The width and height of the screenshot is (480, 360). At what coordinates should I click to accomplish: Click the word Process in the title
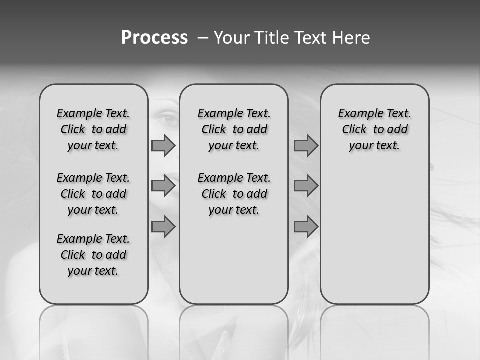[154, 38]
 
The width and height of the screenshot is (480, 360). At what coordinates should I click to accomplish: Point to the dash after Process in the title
[203, 38]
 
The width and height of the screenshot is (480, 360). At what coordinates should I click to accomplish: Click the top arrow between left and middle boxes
[163, 146]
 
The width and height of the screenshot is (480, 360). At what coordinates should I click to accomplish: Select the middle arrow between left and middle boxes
[163, 186]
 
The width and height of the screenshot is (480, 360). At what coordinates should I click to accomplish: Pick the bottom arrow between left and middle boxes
[163, 226]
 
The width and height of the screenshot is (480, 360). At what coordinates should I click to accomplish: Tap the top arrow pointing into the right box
[306, 146]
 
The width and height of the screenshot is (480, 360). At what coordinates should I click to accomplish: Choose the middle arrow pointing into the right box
[306, 186]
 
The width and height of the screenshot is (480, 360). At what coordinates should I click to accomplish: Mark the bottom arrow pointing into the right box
[306, 227]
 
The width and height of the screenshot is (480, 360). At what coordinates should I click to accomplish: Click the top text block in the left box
[93, 129]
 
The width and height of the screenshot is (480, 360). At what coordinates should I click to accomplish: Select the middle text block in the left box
[93, 194]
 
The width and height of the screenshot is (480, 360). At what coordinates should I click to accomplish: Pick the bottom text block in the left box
[93, 255]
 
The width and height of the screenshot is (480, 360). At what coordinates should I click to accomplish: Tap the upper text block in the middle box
[234, 129]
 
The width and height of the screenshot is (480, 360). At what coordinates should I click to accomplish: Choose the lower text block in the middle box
[234, 194]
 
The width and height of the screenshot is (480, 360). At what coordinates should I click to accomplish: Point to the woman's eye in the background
[169, 119]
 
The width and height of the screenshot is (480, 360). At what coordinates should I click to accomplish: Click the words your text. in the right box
[374, 146]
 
